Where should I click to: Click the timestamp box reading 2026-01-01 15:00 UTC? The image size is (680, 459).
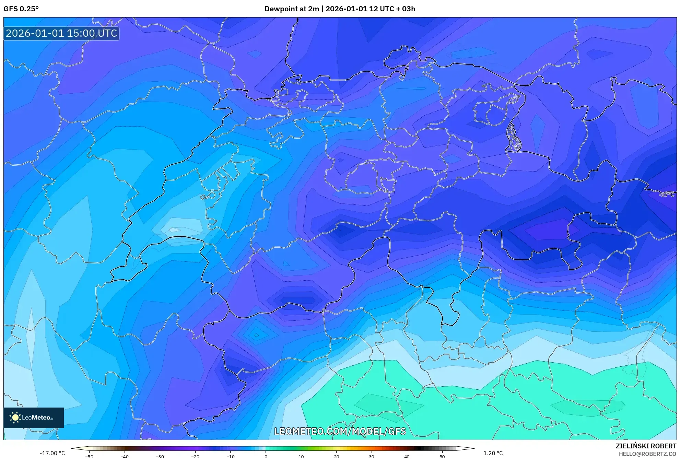pyautogui.click(x=61, y=33)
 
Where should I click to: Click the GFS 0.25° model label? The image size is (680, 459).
pyautogui.click(x=21, y=9)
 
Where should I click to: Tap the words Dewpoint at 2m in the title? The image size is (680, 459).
pyautogui.click(x=292, y=9)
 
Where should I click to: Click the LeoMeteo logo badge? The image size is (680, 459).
pyautogui.click(x=34, y=417)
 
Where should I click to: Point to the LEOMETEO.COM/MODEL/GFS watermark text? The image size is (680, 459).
pyautogui.click(x=340, y=431)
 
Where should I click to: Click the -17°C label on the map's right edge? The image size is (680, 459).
pyautogui.click(x=667, y=195)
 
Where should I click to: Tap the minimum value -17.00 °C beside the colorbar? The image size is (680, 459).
pyautogui.click(x=52, y=453)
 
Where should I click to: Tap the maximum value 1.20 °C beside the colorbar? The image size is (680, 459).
pyautogui.click(x=493, y=453)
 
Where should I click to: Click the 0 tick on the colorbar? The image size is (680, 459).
pyautogui.click(x=266, y=457)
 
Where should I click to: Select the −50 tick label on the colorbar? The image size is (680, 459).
pyautogui.click(x=89, y=457)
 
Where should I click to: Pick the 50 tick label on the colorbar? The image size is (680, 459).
pyautogui.click(x=442, y=457)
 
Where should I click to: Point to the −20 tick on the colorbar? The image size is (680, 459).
pyautogui.click(x=195, y=457)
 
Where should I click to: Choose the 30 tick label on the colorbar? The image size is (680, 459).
pyautogui.click(x=372, y=457)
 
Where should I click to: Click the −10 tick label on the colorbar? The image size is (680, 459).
pyautogui.click(x=230, y=457)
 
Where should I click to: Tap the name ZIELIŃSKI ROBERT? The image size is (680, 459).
pyautogui.click(x=646, y=446)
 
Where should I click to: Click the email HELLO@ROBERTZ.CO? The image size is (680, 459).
pyautogui.click(x=647, y=454)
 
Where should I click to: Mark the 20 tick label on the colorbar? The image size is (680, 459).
pyautogui.click(x=336, y=457)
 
